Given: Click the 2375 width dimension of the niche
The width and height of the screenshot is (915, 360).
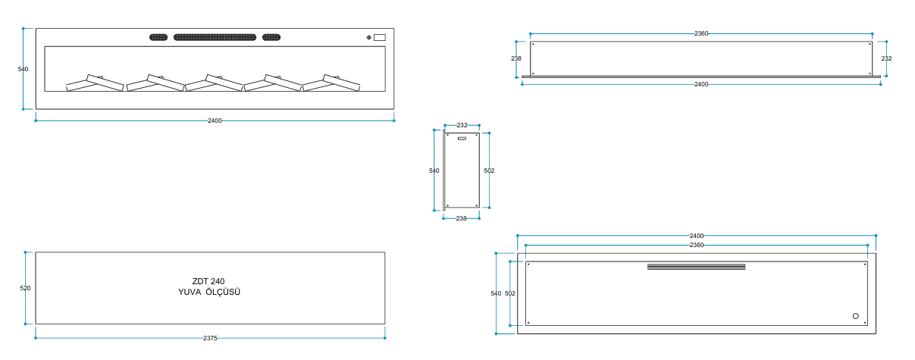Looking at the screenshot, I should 210,338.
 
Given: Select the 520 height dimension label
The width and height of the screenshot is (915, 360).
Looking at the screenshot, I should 25,288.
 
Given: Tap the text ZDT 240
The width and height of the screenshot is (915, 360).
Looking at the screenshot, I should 208,281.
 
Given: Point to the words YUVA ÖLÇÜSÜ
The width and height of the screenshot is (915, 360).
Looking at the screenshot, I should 209,292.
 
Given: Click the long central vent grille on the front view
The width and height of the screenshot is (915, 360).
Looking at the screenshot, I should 215,37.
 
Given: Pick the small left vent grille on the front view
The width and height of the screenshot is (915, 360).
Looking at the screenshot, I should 158,37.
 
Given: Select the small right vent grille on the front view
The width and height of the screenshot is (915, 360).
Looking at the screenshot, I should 271,37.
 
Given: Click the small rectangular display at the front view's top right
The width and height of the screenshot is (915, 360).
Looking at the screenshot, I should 380,37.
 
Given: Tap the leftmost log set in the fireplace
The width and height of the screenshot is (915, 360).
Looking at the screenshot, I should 95,83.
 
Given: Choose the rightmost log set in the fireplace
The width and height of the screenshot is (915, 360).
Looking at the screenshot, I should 331,83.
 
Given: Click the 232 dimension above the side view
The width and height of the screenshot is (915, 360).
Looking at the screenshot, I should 462,125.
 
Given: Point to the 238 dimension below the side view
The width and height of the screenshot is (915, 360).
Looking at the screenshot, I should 461,218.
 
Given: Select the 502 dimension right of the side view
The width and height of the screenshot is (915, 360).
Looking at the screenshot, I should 489,171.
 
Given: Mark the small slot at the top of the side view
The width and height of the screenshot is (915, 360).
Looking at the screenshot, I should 462,139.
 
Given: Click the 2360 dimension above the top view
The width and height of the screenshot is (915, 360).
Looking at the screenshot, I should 701,33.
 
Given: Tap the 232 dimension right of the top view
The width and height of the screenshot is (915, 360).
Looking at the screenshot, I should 887,58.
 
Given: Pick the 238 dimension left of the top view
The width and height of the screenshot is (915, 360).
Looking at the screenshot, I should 516,58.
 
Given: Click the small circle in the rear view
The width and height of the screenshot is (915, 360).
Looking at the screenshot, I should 856,316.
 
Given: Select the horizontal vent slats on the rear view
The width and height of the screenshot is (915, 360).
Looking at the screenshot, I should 696,267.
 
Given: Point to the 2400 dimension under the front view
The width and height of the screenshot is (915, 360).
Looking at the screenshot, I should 215,121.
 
